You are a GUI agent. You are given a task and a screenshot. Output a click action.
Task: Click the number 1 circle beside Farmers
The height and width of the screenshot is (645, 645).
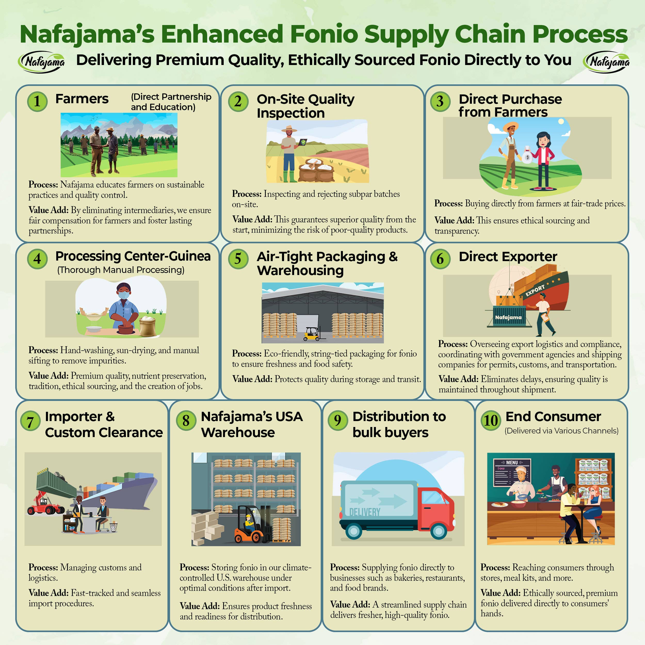click(37, 101)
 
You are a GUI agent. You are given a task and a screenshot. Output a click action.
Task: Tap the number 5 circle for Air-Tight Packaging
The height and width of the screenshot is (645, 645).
click(238, 259)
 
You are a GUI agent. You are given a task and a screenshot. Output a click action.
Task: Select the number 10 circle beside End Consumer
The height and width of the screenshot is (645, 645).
click(490, 420)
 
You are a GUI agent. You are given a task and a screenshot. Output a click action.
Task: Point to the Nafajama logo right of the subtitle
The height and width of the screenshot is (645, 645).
click(606, 62)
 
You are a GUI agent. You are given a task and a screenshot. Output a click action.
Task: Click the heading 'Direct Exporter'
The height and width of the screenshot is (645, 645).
click(507, 256)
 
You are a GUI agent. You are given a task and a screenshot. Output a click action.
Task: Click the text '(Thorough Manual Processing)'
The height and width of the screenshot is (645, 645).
click(121, 270)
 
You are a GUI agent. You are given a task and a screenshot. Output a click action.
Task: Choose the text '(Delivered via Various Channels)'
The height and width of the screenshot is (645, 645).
click(561, 431)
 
